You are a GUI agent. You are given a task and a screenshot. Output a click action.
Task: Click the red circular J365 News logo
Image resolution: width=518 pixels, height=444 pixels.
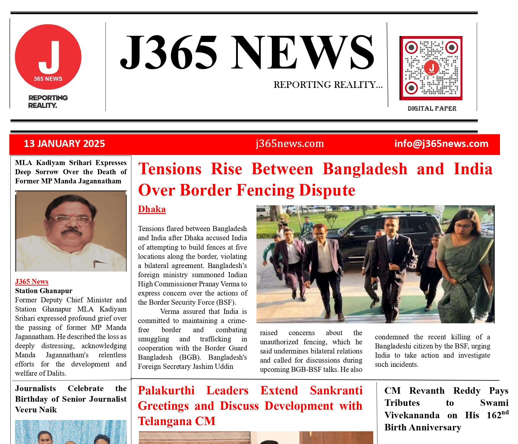tap(48, 57)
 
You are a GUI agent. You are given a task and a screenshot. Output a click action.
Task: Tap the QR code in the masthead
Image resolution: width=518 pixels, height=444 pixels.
tap(431, 68)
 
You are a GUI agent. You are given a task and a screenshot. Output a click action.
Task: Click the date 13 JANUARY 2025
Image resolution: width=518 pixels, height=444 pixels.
tap(64, 144)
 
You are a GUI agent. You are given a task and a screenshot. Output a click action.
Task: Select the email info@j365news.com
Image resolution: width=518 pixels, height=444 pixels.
tap(441, 144)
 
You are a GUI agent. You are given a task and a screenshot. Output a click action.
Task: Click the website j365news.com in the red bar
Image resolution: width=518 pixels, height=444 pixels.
tap(290, 144)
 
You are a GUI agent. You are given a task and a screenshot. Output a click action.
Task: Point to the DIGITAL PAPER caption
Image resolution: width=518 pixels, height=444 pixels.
tap(432, 109)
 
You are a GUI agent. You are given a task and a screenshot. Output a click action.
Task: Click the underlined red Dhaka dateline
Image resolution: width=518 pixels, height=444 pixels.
tap(152, 209)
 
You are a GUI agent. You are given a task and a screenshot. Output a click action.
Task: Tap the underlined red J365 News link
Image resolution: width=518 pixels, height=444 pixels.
tap(32, 282)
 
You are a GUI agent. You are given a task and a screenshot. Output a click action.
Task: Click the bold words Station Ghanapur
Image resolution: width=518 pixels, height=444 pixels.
tap(44, 291)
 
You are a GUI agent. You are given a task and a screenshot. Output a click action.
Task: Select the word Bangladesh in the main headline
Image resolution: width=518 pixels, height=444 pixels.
tap(365, 169)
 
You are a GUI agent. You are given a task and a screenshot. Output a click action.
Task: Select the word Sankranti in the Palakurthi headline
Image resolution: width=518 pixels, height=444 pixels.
tap(336, 391)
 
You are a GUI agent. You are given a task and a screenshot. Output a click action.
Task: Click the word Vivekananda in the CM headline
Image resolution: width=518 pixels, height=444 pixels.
tap(412, 415)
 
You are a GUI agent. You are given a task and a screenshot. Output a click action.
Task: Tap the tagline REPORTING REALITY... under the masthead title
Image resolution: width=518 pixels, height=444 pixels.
tap(328, 85)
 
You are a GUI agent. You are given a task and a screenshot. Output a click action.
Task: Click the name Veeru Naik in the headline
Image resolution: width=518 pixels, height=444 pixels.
tap(36, 410)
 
